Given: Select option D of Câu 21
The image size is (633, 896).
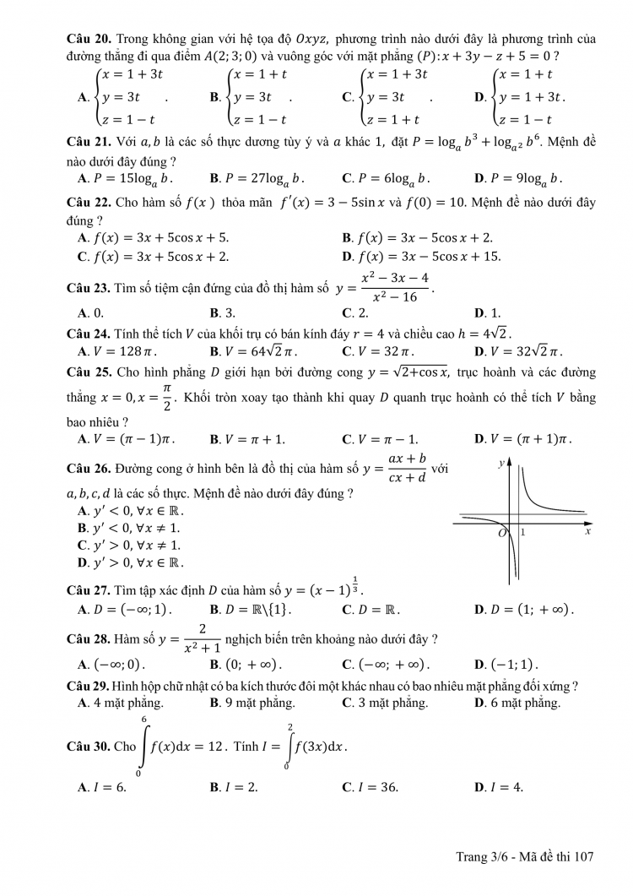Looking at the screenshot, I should pyautogui.click(x=518, y=178).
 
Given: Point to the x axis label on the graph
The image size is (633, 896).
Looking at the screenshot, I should pyautogui.click(x=587, y=533).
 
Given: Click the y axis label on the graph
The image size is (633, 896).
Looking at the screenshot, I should pyautogui.click(x=501, y=463).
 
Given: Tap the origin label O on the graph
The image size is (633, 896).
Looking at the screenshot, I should pyautogui.click(x=501, y=534).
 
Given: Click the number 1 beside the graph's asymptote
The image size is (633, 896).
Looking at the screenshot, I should pyautogui.click(x=522, y=533).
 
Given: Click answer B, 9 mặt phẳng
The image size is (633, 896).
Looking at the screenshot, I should pyautogui.click(x=252, y=703).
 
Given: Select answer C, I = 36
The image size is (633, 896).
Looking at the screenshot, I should pyautogui.click(x=370, y=787).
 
